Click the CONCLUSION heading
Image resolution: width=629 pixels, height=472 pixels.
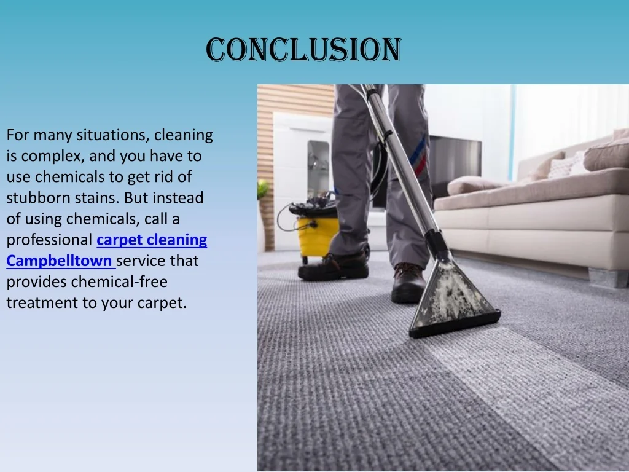point(303,50)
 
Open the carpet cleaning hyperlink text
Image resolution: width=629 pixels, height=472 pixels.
point(152,240)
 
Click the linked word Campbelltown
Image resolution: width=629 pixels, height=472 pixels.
point(59,261)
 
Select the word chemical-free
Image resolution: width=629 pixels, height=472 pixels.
point(119,281)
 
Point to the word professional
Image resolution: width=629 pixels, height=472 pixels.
point(49,240)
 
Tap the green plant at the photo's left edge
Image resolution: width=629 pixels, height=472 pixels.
point(263,190)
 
